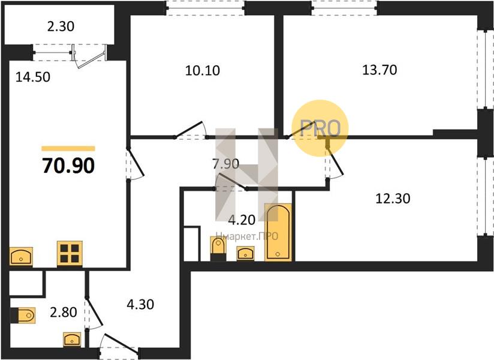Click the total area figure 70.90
(x=68, y=166)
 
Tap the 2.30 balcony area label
(x=61, y=26)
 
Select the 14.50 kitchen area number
(x=33, y=77)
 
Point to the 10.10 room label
(x=202, y=70)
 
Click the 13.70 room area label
(x=379, y=70)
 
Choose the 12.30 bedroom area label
(x=393, y=199)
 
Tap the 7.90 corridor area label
(x=225, y=164)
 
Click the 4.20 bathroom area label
(x=242, y=220)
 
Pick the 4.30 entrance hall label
(x=140, y=305)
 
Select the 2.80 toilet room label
(x=64, y=313)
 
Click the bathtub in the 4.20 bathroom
(x=278, y=232)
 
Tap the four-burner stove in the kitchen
(x=70, y=254)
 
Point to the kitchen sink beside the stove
(x=21, y=257)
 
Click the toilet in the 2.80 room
(x=23, y=315)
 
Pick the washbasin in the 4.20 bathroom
(x=245, y=253)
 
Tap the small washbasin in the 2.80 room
(x=72, y=340)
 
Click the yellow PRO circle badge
(x=320, y=128)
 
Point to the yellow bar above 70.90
(x=68, y=148)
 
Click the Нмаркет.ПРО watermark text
(x=246, y=236)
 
